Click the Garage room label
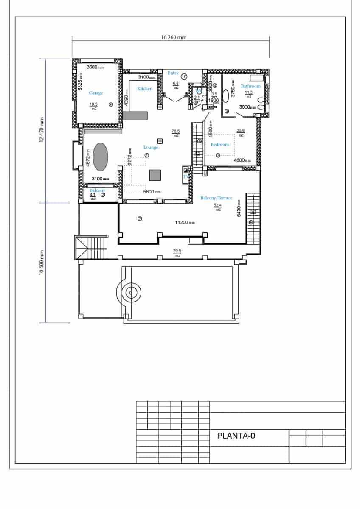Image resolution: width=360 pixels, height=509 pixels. [96, 93]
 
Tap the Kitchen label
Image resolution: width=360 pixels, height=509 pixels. [145, 89]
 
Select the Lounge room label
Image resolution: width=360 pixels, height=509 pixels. [151, 147]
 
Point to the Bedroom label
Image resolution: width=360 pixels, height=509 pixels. [219, 144]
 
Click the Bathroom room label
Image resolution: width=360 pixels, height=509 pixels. [250, 86]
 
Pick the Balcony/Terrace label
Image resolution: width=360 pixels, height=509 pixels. [217, 198]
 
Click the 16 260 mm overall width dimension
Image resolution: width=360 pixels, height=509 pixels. [174, 37]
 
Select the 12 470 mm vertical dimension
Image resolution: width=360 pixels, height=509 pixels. [42, 130]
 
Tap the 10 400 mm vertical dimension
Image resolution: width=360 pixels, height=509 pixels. [42, 263]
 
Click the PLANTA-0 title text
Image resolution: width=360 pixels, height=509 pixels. [236, 435]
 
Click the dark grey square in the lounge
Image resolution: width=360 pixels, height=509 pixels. [155, 175]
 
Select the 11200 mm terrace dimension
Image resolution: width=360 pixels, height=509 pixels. [185, 222]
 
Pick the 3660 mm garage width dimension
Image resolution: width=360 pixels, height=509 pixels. [95, 67]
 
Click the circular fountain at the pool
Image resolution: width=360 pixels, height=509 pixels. [131, 292]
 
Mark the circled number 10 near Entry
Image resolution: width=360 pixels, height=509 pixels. [184, 77]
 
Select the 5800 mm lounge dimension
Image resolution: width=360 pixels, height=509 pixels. [152, 192]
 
